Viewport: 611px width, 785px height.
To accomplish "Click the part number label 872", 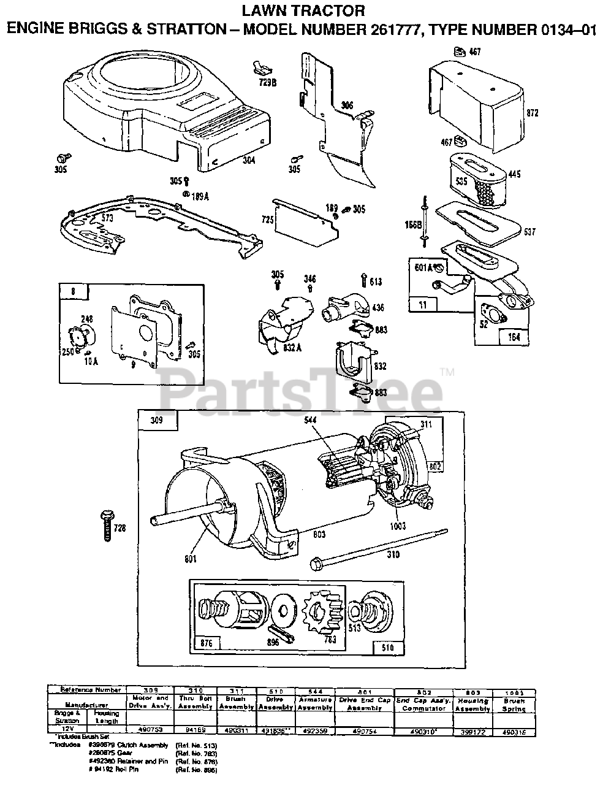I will pos(533,113).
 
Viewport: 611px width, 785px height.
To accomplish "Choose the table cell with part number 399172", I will pos(472,730).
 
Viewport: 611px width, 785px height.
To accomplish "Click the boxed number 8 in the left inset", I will pos(73,292).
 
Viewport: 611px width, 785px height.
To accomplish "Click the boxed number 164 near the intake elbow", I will pos(514,337).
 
